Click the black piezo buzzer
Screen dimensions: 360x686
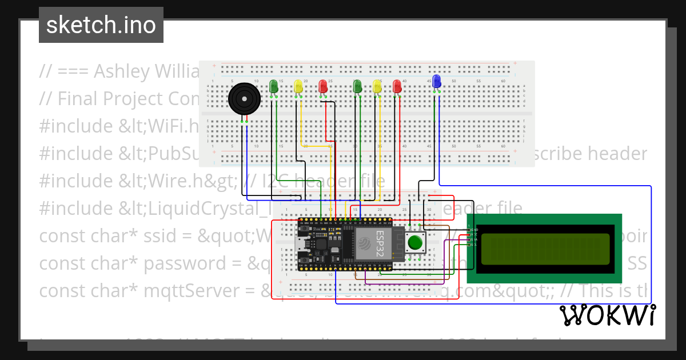tap(244, 99)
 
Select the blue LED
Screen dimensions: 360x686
tap(437, 81)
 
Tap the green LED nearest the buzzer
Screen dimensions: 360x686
tap(274, 86)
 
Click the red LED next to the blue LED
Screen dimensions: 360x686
tap(397, 86)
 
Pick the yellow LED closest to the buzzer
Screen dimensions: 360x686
tap(298, 86)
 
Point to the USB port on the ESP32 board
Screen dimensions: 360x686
tap(302, 245)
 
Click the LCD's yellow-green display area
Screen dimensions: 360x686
tap(545, 249)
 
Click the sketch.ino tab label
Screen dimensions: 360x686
tap(101, 25)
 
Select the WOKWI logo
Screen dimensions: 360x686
tap(607, 315)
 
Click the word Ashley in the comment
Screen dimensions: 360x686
tap(121, 71)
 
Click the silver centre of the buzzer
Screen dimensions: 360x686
tap(244, 99)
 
